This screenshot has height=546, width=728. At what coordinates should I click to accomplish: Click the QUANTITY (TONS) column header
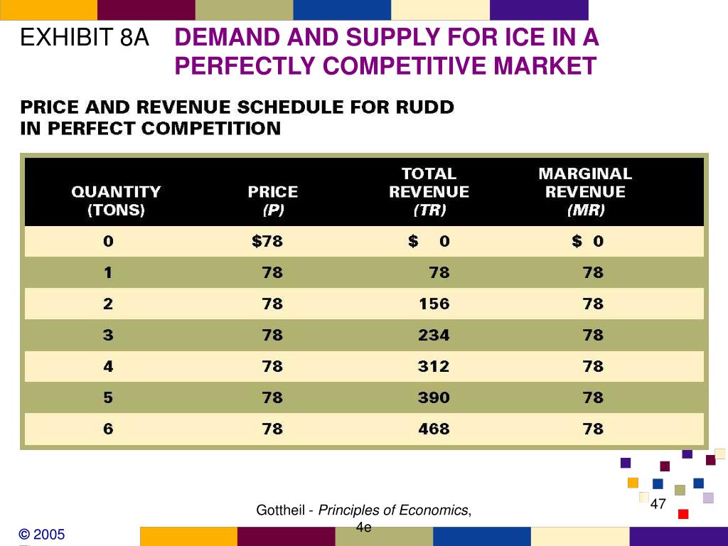(x=116, y=200)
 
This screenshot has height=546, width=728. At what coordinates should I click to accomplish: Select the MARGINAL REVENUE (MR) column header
(x=585, y=191)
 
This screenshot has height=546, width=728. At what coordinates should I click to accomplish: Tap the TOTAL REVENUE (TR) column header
(x=429, y=191)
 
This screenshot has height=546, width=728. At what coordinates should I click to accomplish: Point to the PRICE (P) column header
(x=272, y=200)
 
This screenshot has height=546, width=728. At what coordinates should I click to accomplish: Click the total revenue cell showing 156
(x=434, y=304)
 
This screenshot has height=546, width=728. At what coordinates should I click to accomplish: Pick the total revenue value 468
(x=434, y=429)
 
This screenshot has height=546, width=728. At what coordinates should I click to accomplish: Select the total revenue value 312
(x=434, y=366)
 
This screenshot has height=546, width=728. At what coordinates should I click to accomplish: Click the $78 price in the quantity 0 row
(x=267, y=241)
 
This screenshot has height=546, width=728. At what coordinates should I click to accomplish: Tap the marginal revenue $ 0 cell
(x=588, y=241)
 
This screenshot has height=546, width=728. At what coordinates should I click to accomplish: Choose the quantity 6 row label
(x=108, y=429)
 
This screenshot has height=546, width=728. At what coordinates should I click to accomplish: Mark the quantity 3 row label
(x=108, y=335)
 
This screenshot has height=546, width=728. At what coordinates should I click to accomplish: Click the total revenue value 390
(x=434, y=397)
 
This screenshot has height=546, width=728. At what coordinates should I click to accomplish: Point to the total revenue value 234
(x=434, y=335)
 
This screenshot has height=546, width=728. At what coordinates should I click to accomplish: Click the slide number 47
(x=658, y=504)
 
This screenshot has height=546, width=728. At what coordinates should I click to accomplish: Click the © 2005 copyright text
(x=42, y=534)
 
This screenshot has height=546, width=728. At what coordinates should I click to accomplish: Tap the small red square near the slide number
(x=683, y=514)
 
